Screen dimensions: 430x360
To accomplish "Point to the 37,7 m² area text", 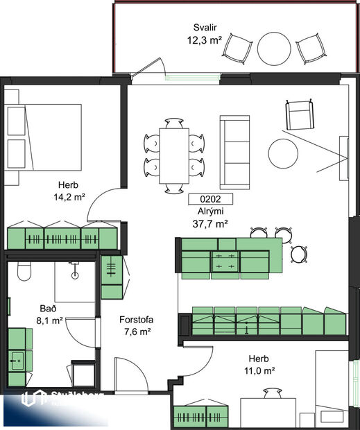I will coord(210,223).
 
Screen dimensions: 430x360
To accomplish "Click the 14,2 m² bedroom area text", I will coord(69,197).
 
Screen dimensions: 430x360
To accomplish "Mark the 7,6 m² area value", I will coord(135,332).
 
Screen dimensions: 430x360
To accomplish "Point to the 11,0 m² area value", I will coord(262,370).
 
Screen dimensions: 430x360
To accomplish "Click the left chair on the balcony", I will coord(239,48).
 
